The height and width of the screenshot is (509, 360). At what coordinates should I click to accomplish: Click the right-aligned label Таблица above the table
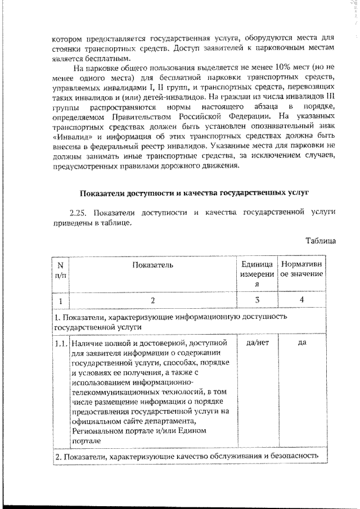(321, 240)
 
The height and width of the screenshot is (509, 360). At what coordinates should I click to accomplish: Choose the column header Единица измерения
(256, 274)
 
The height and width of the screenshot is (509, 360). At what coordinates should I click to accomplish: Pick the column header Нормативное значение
(301, 269)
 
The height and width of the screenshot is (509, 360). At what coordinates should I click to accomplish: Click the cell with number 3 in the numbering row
(256, 300)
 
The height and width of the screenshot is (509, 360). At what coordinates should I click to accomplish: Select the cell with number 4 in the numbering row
(301, 300)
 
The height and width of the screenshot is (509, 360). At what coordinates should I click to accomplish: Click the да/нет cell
(256, 343)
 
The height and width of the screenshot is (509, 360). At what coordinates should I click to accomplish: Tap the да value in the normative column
(301, 343)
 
